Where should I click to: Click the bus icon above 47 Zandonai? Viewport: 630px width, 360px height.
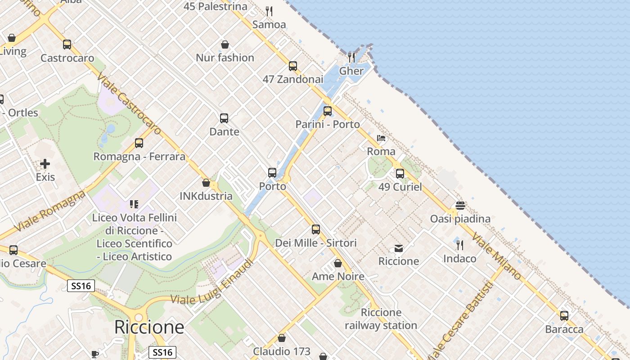[x=293, y=66]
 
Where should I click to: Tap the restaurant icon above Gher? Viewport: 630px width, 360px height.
[x=351, y=57]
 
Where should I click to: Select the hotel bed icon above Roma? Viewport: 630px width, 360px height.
[x=381, y=138]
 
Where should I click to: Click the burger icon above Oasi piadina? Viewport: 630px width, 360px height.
[x=460, y=206]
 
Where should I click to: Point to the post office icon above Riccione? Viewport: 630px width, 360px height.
[x=399, y=248]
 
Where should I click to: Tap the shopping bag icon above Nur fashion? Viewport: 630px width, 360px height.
[x=225, y=45]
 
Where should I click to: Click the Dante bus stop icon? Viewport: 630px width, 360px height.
[x=224, y=118]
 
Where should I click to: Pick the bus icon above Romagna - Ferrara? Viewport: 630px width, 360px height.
[x=139, y=143]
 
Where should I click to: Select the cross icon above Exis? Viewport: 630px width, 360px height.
[x=45, y=164]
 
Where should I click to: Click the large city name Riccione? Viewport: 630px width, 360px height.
[x=149, y=327]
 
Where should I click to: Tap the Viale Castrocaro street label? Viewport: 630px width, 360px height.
[x=128, y=104]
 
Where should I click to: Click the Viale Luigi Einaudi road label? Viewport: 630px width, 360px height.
[x=211, y=282]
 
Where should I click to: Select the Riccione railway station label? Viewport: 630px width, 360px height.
[x=381, y=319]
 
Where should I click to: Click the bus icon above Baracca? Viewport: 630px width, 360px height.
[x=564, y=316]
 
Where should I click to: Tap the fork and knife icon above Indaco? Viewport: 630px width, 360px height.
[x=460, y=245]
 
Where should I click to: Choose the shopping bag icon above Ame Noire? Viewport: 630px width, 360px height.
[x=338, y=263]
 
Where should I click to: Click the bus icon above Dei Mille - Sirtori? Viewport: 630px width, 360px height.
[x=316, y=229]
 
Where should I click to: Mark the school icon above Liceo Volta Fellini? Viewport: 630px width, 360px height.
[x=134, y=205]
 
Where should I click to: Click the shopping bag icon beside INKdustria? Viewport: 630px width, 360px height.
[x=206, y=183]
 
